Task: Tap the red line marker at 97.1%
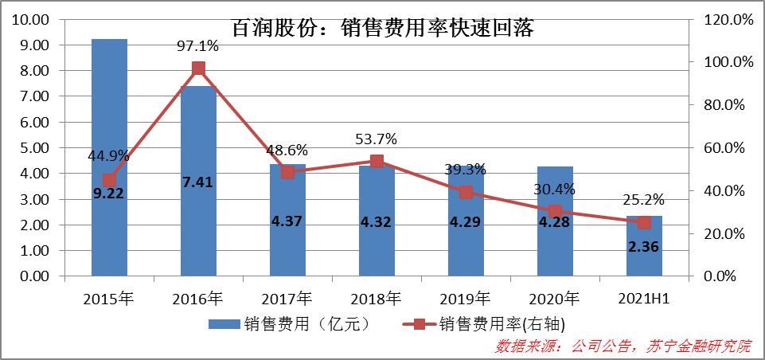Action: point(198,68)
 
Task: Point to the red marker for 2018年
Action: point(377,161)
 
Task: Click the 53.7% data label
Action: point(377,139)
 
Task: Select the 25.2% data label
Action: point(644,199)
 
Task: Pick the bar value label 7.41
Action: point(198,182)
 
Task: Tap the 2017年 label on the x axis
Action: point(287,299)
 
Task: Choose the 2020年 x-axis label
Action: point(555,299)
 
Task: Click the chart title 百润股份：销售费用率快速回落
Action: point(382,29)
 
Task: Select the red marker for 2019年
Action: point(466,192)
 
